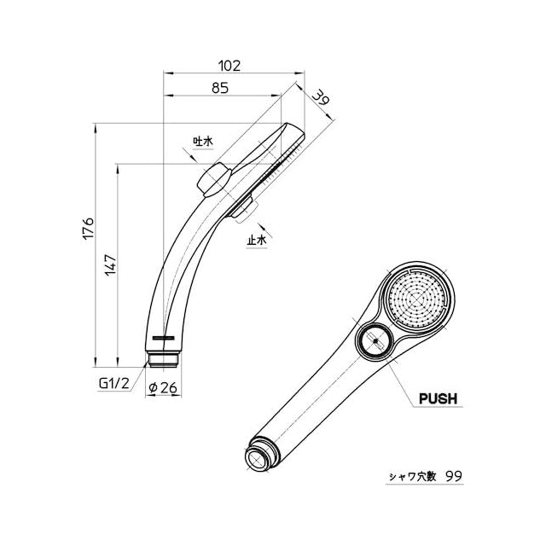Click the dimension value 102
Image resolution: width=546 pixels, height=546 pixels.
(x=229, y=65)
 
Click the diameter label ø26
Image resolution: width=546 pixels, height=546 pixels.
(x=162, y=387)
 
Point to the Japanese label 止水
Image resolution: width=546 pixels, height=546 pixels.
(x=257, y=241)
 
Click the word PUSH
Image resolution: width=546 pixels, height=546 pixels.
(x=439, y=398)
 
